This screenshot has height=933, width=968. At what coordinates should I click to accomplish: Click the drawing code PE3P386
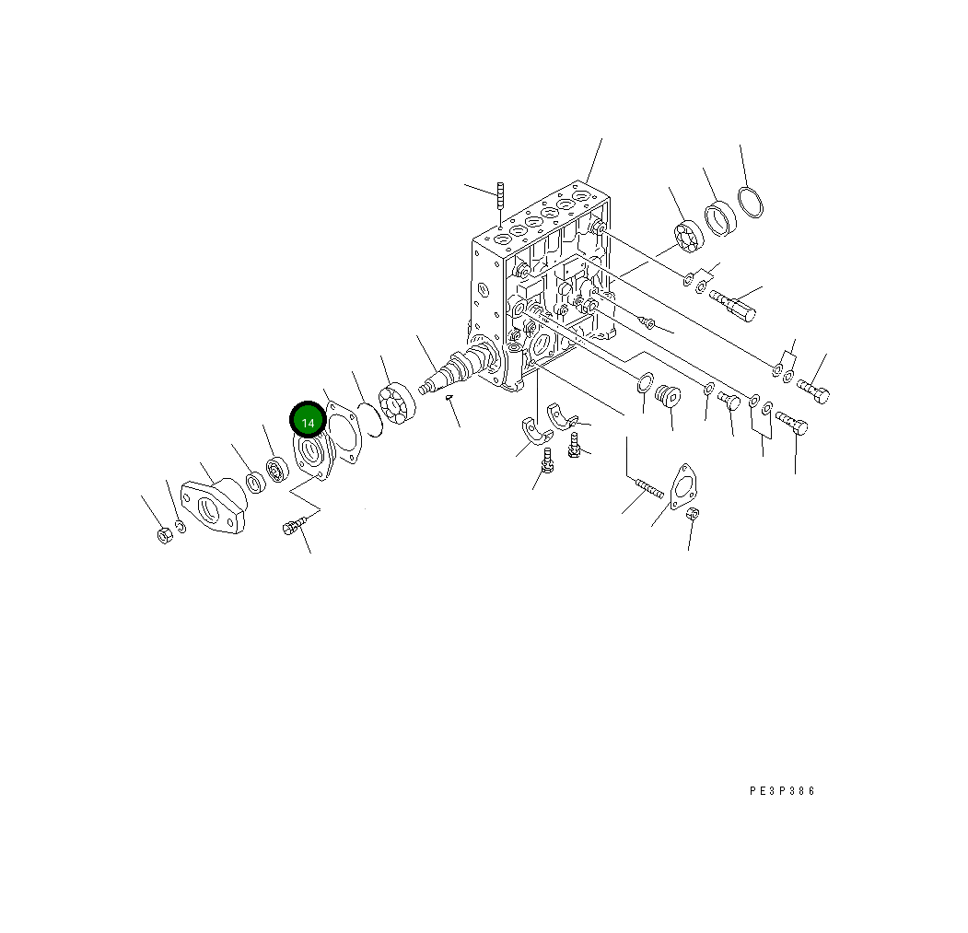(x=782, y=791)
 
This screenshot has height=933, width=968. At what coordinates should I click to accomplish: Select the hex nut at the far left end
(x=164, y=535)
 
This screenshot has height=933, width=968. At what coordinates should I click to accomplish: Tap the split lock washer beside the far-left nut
(x=181, y=527)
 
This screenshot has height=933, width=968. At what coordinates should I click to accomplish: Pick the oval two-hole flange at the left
(x=213, y=506)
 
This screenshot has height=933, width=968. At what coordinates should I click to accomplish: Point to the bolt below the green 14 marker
(x=295, y=525)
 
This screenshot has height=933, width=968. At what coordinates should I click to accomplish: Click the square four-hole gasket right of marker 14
(x=344, y=432)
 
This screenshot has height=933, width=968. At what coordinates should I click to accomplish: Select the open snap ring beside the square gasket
(x=374, y=419)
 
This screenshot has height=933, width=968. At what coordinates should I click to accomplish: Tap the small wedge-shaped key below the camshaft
(x=450, y=398)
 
